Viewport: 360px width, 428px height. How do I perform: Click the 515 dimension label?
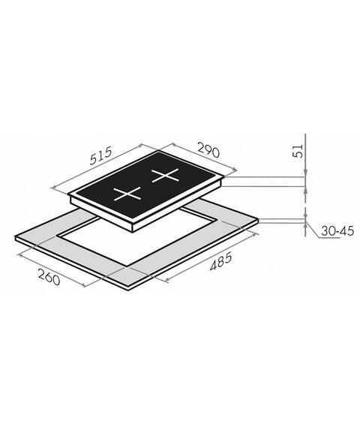point(101,156)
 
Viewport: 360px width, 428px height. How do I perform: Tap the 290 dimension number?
point(208,150)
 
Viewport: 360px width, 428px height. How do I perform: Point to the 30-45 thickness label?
point(337,231)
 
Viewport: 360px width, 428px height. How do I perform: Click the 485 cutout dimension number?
point(221,261)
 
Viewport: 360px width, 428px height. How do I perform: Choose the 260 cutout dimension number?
point(49,277)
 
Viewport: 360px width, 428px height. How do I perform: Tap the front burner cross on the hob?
point(127,194)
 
